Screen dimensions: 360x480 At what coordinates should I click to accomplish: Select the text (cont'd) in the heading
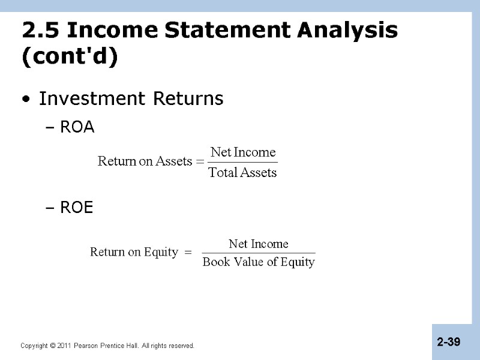[x=70, y=59]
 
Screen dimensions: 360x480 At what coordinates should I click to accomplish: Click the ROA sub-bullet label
[x=77, y=128]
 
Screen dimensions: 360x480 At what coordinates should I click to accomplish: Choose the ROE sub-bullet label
[x=77, y=208]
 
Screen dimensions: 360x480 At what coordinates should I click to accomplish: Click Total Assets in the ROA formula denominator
[x=242, y=173]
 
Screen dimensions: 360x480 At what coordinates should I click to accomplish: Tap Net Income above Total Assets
[x=242, y=152]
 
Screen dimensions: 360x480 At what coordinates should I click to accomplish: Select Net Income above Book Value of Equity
[x=259, y=244]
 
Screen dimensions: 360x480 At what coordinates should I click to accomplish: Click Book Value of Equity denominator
[x=259, y=262]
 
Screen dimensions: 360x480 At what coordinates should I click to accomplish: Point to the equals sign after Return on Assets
[x=200, y=161]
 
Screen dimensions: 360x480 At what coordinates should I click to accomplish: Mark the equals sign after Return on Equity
[x=187, y=253]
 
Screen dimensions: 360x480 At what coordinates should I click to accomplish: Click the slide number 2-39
[x=449, y=342]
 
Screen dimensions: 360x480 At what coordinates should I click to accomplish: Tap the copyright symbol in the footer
[x=53, y=346]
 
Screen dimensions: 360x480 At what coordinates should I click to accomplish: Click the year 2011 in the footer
[x=64, y=346]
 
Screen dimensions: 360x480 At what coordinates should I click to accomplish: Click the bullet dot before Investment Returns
[x=24, y=99]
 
